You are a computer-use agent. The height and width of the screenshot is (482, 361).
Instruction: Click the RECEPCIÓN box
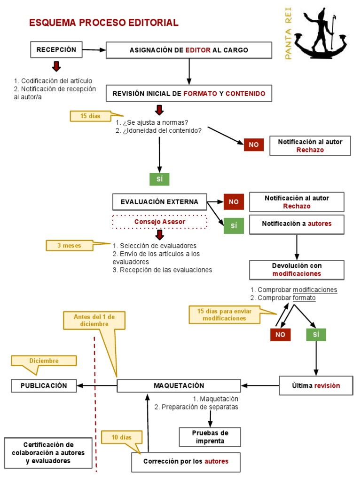56,49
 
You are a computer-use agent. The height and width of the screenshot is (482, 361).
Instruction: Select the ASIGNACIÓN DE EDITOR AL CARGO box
188,50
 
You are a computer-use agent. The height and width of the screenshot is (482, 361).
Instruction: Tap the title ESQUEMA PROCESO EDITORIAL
103,23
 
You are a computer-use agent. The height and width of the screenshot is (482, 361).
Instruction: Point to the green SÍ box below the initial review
159,179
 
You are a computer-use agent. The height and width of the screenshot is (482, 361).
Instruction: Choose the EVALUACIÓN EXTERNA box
159,202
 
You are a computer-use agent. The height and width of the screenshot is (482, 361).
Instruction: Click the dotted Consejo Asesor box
160,222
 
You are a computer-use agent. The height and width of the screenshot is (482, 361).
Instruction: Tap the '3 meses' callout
69,245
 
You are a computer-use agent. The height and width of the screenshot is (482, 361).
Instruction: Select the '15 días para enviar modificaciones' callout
224,315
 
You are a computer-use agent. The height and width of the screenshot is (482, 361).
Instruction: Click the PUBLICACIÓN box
44,386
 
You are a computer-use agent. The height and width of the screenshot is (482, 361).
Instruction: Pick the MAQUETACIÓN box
179,386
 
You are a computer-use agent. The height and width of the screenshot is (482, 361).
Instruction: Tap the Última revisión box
315,386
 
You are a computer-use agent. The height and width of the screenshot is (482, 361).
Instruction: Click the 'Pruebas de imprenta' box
210,437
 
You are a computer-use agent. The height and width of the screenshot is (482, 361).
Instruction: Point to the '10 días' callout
121,437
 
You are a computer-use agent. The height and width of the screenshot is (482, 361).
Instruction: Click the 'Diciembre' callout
44,361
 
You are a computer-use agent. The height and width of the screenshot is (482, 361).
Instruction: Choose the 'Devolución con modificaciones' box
297,269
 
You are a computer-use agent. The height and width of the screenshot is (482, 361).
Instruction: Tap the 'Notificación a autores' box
297,224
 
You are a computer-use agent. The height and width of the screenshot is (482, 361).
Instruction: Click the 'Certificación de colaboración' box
48,453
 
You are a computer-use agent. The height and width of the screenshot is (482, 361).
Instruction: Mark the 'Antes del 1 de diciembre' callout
94,321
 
